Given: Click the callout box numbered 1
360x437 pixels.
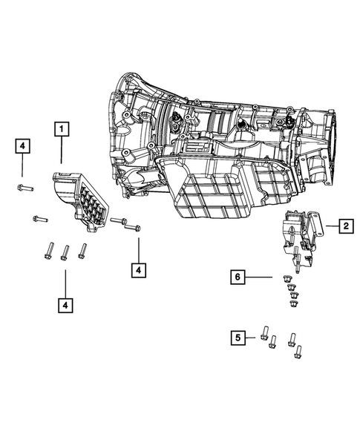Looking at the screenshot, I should [x=61, y=130].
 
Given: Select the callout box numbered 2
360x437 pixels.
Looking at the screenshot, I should [x=346, y=226].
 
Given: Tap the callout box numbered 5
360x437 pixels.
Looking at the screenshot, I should [x=238, y=338].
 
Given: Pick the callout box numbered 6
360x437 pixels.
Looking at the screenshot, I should [x=238, y=277].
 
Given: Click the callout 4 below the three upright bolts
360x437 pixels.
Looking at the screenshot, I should [x=65, y=304].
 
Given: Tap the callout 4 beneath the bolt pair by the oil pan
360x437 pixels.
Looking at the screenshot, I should [x=138, y=271].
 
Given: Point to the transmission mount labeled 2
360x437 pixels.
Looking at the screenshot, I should [x=301, y=234].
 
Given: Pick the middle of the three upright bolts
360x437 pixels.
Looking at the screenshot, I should [x=65, y=253].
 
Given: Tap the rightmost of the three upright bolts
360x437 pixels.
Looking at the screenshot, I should [x=82, y=251].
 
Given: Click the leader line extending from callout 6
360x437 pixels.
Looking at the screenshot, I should [x=260, y=277].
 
